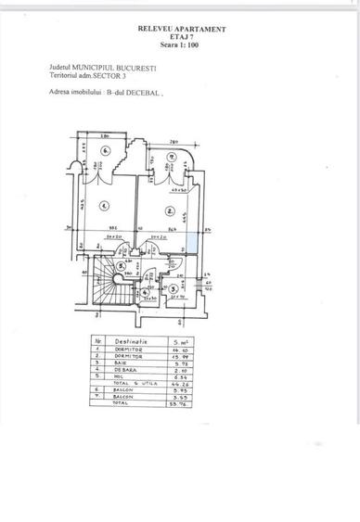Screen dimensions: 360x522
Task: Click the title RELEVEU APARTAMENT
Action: pyautogui.click(x=181, y=30)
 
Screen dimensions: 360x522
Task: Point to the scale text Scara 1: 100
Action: pyautogui.click(x=181, y=45)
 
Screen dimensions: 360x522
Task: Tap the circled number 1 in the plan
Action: pyautogui.click(x=105, y=207)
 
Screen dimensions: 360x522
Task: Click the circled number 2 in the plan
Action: pyautogui.click(x=170, y=209)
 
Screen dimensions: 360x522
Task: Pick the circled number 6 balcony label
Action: pyautogui.click(x=107, y=150)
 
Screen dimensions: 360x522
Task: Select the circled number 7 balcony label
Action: pyautogui.click(x=173, y=157)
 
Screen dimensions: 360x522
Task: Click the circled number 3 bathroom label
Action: pyautogui.click(x=174, y=288)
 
